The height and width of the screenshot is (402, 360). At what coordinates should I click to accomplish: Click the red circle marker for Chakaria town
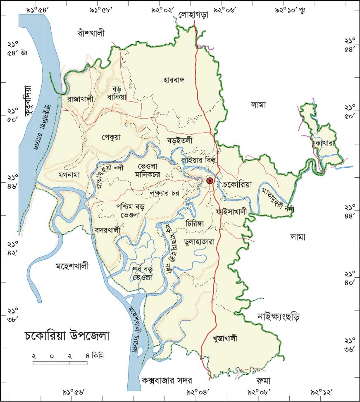pos(210,181)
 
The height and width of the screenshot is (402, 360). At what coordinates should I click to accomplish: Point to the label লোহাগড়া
pos(193,15)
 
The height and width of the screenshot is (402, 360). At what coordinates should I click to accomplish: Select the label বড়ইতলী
pos(180,140)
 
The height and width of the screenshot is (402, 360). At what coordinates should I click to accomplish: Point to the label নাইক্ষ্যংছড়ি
pos(278,317)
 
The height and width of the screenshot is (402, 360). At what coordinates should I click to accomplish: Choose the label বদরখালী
pos(107,230)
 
